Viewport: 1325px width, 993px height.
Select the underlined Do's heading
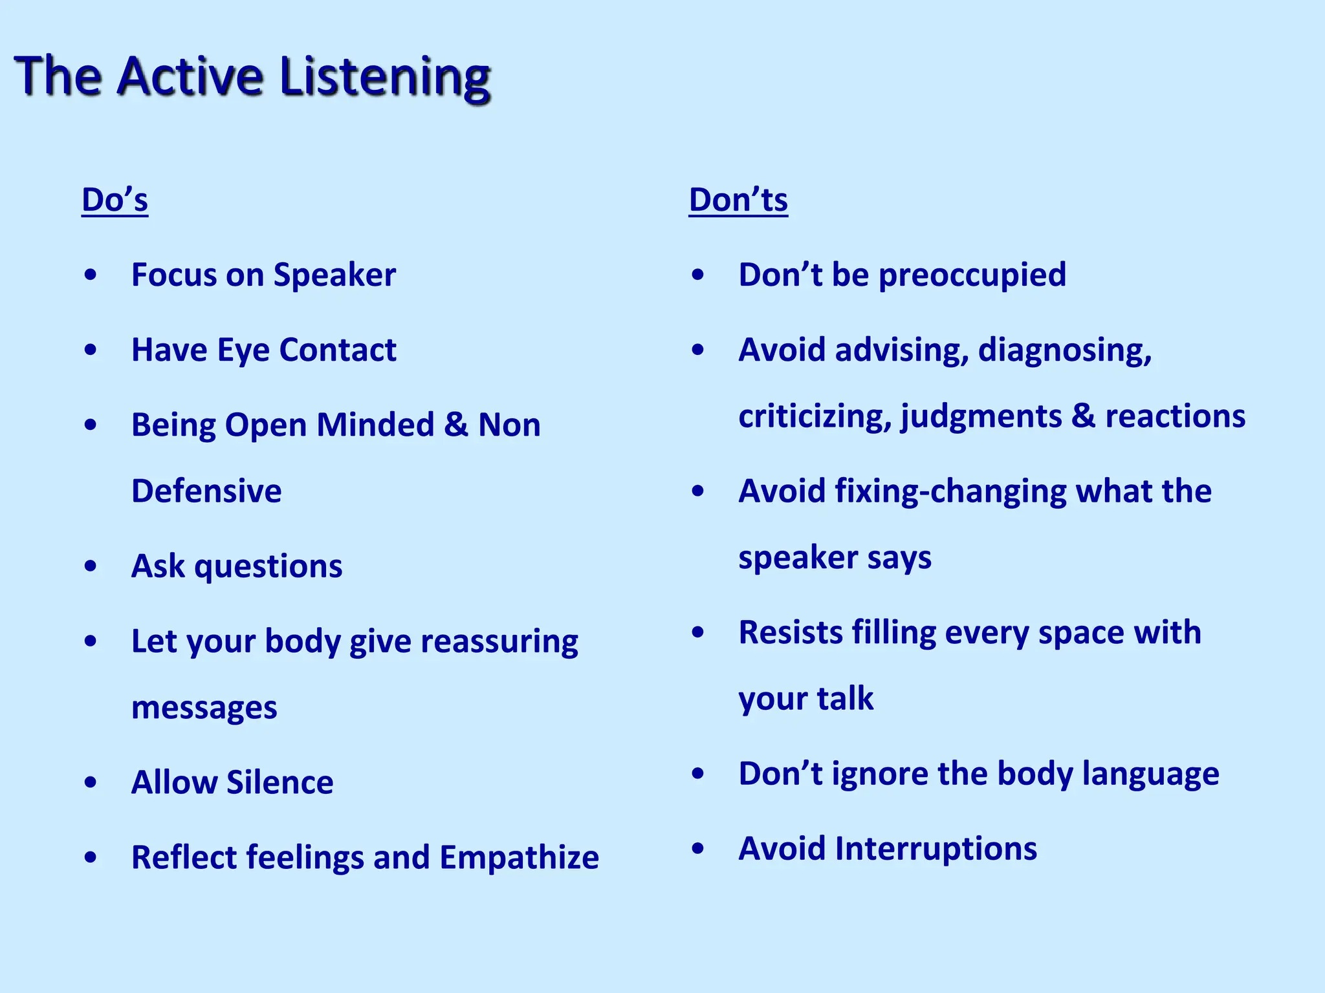pyautogui.click(x=115, y=200)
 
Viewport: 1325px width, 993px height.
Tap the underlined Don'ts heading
pyautogui.click(x=738, y=200)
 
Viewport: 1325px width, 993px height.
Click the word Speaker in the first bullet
pyautogui.click(x=334, y=275)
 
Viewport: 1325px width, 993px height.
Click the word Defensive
pyautogui.click(x=206, y=491)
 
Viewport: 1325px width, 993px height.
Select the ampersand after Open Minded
pyautogui.click(x=455, y=425)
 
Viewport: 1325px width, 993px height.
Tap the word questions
pyautogui.click(x=268, y=567)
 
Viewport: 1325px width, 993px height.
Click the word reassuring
pyautogui.click(x=499, y=641)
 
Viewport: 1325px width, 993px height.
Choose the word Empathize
pyautogui.click(x=519, y=858)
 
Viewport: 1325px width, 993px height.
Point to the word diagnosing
pyautogui.click(x=1064, y=350)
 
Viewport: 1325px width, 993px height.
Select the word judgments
pyautogui.click(x=981, y=416)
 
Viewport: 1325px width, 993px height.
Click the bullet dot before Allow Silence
pyautogui.click(x=91, y=782)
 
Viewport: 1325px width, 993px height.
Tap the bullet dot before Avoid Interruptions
pyautogui.click(x=697, y=848)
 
